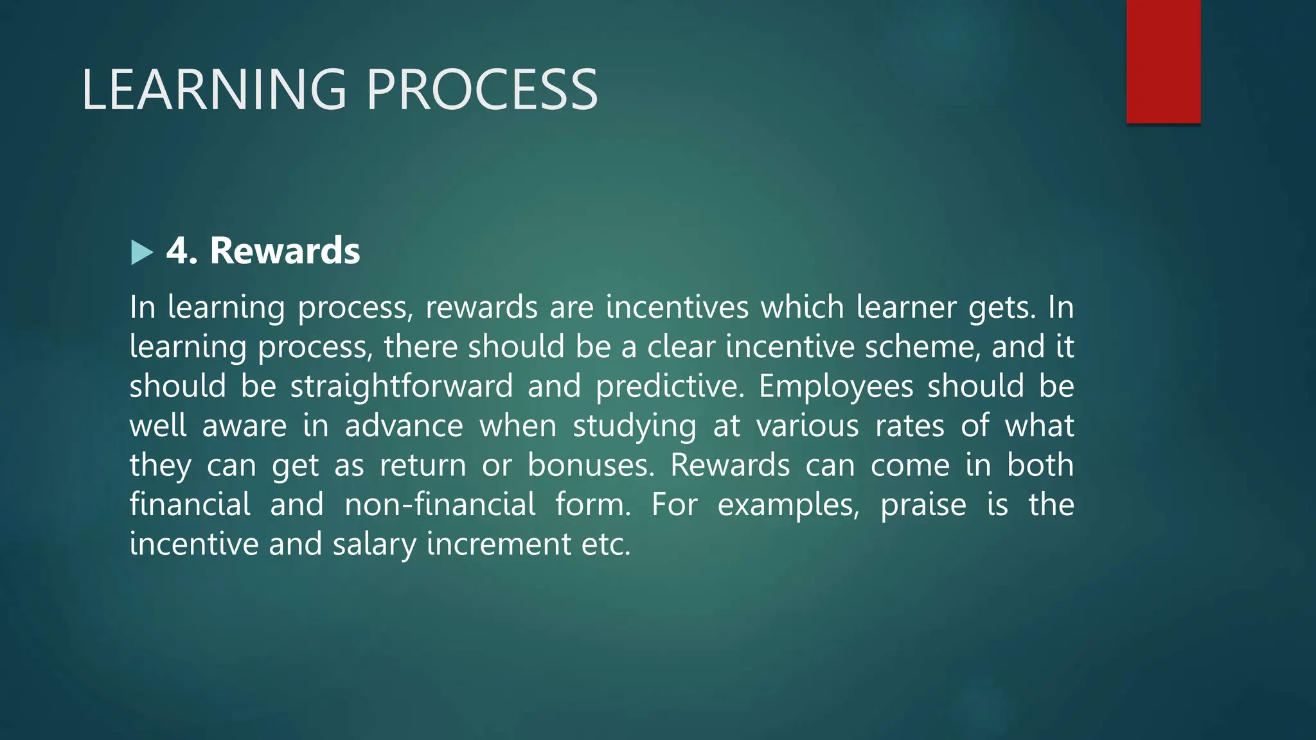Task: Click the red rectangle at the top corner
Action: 1163,61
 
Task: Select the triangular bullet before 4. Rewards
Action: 141,252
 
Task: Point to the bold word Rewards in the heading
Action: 285,251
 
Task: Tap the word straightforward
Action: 402,387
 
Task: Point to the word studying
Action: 634,427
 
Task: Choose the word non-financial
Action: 440,504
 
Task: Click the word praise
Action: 923,506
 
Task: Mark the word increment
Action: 499,545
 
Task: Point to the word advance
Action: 404,427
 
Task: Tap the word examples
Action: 788,506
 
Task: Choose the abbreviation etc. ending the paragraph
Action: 606,545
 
